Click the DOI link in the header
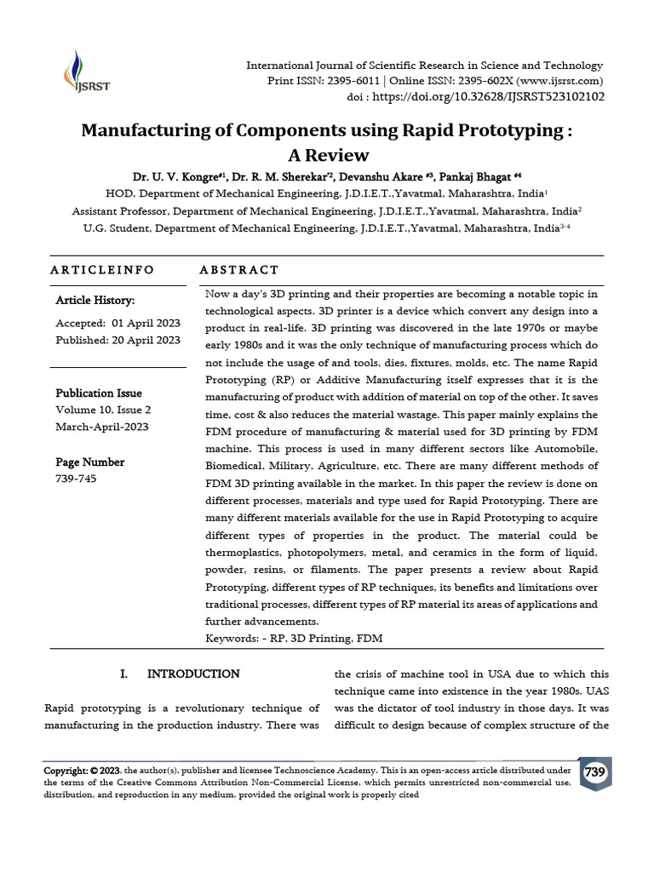(x=489, y=97)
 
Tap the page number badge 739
(x=595, y=772)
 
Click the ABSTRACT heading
(x=238, y=270)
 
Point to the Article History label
(x=95, y=301)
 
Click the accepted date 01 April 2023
(x=145, y=324)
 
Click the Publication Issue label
(x=98, y=393)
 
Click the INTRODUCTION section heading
(x=193, y=674)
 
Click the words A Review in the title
(x=327, y=155)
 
